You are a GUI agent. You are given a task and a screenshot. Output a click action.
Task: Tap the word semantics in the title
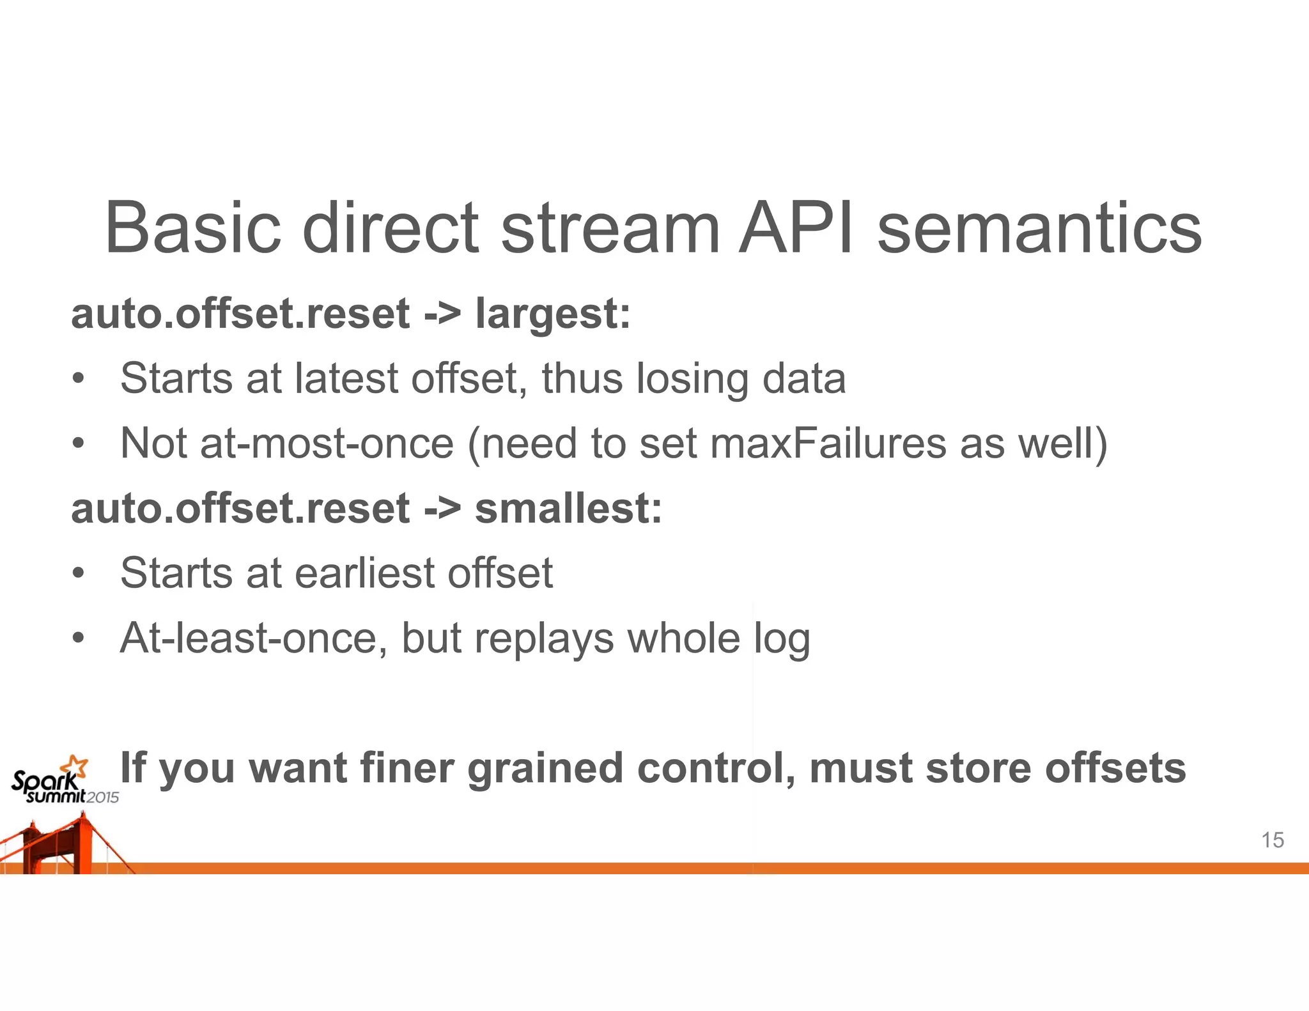[x=1039, y=229]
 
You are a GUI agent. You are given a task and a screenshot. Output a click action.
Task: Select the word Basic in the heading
[x=192, y=229]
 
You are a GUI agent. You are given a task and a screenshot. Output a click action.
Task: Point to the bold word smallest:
[x=568, y=509]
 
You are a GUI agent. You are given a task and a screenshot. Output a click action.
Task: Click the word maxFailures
[x=828, y=444]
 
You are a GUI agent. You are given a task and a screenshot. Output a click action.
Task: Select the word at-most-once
[x=327, y=444]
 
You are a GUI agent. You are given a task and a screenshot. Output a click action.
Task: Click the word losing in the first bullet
[x=692, y=378]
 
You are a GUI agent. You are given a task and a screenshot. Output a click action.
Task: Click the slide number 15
[x=1273, y=840]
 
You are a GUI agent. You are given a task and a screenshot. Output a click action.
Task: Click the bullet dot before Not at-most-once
[x=78, y=444]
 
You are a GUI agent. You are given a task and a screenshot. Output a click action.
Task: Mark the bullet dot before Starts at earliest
[x=78, y=573]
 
